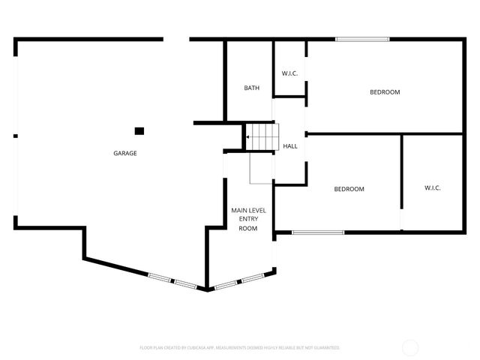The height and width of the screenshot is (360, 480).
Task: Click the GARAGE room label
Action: tap(124, 153)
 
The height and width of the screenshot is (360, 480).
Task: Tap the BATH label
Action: tap(252, 88)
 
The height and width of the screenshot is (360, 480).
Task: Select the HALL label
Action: tap(289, 146)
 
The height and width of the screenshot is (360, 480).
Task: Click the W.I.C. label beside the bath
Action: tap(289, 73)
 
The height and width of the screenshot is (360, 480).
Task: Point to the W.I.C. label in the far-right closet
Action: tap(432, 187)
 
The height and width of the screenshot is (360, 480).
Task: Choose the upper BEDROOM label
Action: tap(385, 92)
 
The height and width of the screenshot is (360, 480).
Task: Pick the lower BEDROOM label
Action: tap(349, 189)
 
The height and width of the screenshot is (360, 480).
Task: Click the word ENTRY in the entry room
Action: tap(248, 219)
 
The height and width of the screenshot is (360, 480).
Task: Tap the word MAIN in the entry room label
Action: tap(240, 211)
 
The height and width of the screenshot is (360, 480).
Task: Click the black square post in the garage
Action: tap(139, 130)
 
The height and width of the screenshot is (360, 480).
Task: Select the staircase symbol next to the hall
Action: tap(264, 137)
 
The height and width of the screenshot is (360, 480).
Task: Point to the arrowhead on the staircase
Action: tap(248, 137)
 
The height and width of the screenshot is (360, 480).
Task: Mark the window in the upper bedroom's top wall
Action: tap(362, 39)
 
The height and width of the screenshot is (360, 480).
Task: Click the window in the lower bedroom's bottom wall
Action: tap(318, 232)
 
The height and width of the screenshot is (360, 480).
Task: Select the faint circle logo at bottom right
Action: tap(410, 347)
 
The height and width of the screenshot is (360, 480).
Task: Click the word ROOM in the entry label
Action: tap(248, 228)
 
